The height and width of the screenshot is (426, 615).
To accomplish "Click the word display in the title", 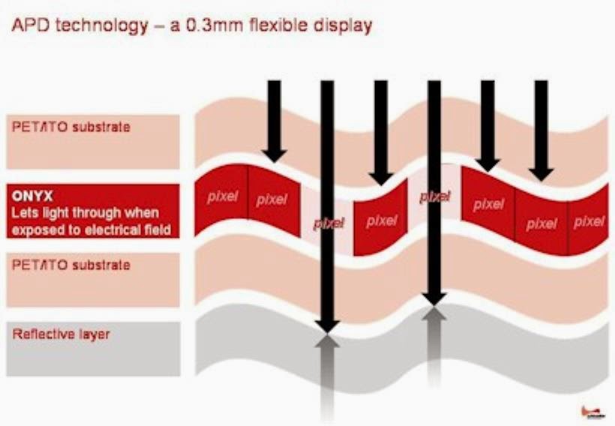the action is click(346, 26).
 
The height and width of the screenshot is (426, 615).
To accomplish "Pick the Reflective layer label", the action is click(61, 334).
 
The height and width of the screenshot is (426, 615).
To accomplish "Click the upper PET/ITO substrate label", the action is click(71, 127).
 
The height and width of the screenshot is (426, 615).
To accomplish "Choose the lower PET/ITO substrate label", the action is click(71, 265).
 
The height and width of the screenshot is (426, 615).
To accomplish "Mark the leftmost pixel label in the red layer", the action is click(222, 196).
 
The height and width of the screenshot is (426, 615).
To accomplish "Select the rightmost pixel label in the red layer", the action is click(589, 221).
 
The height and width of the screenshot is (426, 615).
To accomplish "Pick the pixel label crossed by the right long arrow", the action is click(435, 196).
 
